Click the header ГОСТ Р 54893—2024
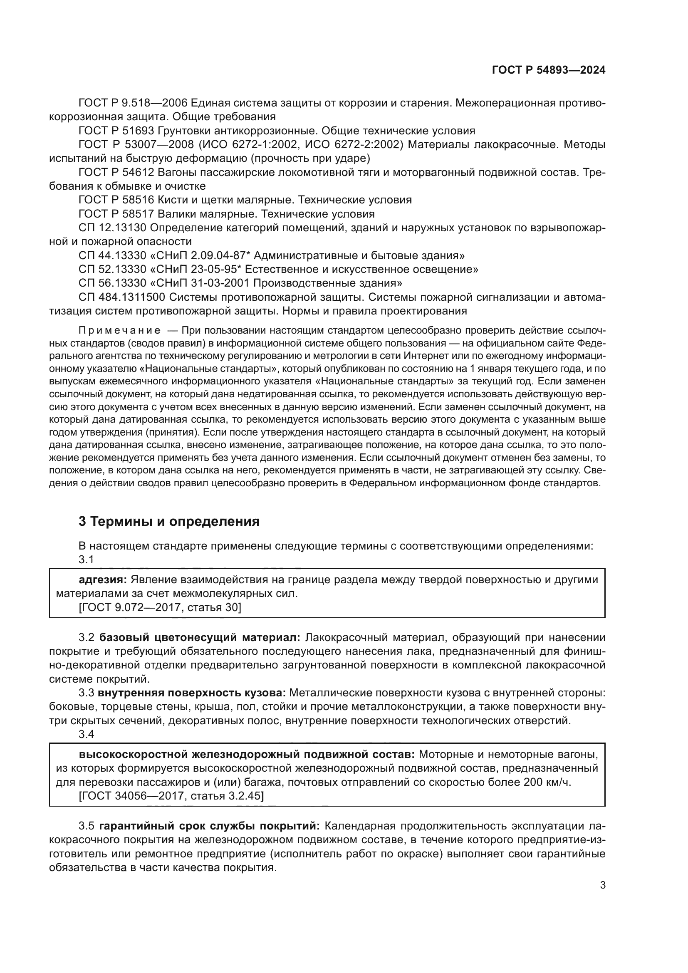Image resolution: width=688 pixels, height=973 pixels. (548, 70)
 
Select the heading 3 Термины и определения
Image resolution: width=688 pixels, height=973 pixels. (169, 521)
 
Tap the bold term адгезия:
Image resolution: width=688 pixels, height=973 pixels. (103, 580)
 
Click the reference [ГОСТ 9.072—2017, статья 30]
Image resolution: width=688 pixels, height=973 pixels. (160, 607)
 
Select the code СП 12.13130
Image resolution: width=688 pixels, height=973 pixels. (112, 228)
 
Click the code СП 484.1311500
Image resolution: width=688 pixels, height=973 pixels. (121, 297)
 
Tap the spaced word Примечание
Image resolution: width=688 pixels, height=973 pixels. (119, 331)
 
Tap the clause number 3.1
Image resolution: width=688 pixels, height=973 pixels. (86, 560)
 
